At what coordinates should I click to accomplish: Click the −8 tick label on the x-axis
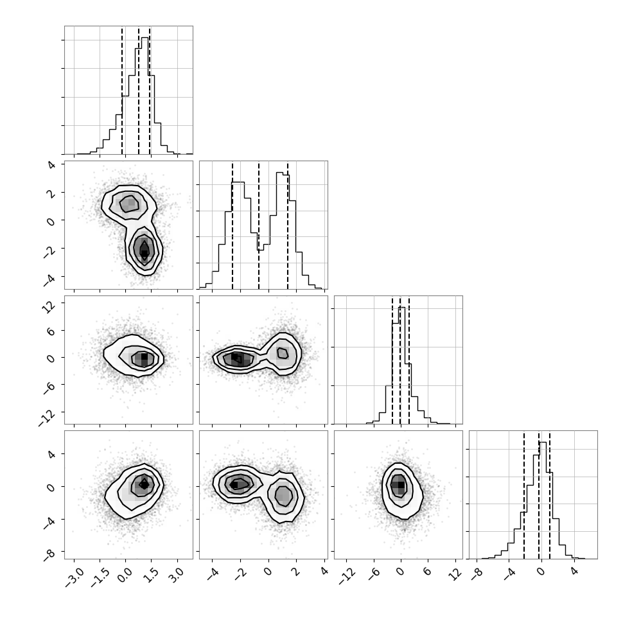click(477, 574)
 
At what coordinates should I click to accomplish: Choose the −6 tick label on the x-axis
click(374, 574)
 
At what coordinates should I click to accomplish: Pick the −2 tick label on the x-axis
click(240, 574)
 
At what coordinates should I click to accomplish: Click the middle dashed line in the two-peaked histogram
click(259, 225)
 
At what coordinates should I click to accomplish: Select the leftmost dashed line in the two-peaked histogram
click(233, 225)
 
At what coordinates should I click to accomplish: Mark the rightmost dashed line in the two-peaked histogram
click(288, 225)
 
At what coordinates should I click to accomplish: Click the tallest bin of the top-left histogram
click(145, 95)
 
